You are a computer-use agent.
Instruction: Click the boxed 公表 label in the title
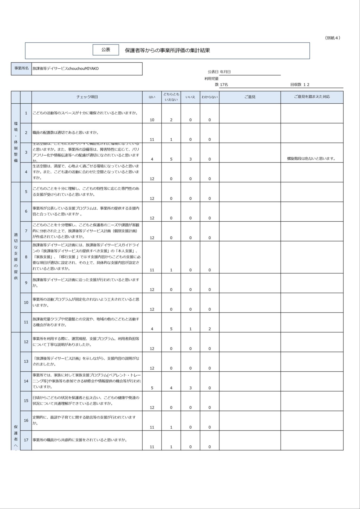pyautogui.click(x=106, y=50)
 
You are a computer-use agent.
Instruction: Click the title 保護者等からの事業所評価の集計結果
pyautogui.click(x=167, y=50)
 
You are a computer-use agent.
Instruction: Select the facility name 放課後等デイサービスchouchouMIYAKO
pyautogui.click(x=65, y=69)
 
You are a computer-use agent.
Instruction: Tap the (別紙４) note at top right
pyautogui.click(x=332, y=38)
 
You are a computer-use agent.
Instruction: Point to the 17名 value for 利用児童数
pyautogui.click(x=224, y=85)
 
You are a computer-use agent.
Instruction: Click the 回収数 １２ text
pyautogui.click(x=300, y=85)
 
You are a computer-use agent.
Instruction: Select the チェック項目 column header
pyautogui.click(x=87, y=97)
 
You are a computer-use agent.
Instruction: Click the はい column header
pyautogui.click(x=152, y=97)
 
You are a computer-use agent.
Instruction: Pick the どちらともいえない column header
pyautogui.click(x=171, y=97)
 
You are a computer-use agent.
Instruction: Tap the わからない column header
pyautogui.click(x=209, y=97)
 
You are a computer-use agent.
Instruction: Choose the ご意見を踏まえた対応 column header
pyautogui.click(x=312, y=97)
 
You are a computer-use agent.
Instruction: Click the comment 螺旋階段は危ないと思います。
pyautogui.click(x=311, y=159)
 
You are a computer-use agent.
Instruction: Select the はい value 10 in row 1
pyautogui.click(x=152, y=120)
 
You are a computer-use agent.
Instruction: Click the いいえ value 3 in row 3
pyautogui.click(x=190, y=159)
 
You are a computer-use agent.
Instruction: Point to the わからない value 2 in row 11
pyautogui.click(x=209, y=329)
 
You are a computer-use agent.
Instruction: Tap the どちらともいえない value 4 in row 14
pyautogui.click(x=171, y=388)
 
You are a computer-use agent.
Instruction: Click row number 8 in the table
pyautogui.click(x=26, y=257)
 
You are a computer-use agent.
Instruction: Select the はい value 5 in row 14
pyautogui.click(x=152, y=388)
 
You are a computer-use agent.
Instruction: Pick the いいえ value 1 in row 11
pyautogui.click(x=190, y=329)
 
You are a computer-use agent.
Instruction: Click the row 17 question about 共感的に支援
pyautogui.click(x=80, y=440)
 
